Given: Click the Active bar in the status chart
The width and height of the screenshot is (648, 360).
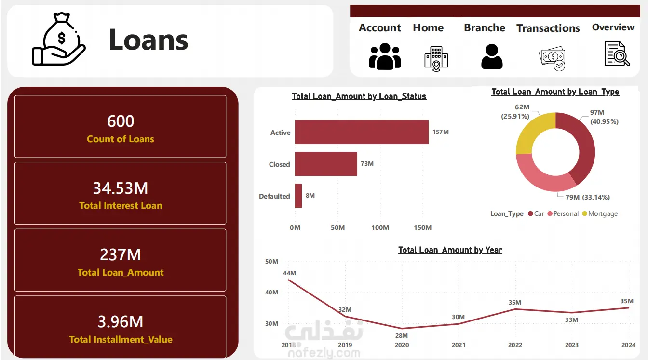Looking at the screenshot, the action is (362, 132).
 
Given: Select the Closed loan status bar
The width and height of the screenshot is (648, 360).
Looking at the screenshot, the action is (326, 164).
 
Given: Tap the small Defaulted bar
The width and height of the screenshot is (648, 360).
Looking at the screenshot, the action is (298, 196).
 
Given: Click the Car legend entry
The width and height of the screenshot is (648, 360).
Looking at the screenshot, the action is (536, 213).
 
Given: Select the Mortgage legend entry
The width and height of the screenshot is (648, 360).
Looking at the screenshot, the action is (600, 213).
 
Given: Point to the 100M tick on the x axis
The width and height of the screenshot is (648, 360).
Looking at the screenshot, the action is (380, 227).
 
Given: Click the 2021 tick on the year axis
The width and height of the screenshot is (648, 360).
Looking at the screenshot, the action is (459, 345).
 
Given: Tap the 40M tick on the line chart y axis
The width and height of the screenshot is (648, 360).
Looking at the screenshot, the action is (271, 293).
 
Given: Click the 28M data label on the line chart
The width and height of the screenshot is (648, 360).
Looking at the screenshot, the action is (402, 336).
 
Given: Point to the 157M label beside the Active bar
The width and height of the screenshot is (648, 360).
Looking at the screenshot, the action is (441, 132).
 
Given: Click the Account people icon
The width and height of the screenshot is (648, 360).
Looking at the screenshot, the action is (385, 56).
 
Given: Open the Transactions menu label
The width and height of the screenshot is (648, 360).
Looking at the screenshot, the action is (548, 28).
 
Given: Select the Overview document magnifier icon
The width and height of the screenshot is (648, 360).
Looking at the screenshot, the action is (617, 54).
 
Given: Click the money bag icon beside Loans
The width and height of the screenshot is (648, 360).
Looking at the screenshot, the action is (59, 39).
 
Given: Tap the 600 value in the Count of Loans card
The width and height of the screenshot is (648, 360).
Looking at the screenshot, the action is (121, 121).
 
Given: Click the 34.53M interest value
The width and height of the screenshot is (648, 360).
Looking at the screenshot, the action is (121, 188).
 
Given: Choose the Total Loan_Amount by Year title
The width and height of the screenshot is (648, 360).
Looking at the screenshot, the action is (450, 250).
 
